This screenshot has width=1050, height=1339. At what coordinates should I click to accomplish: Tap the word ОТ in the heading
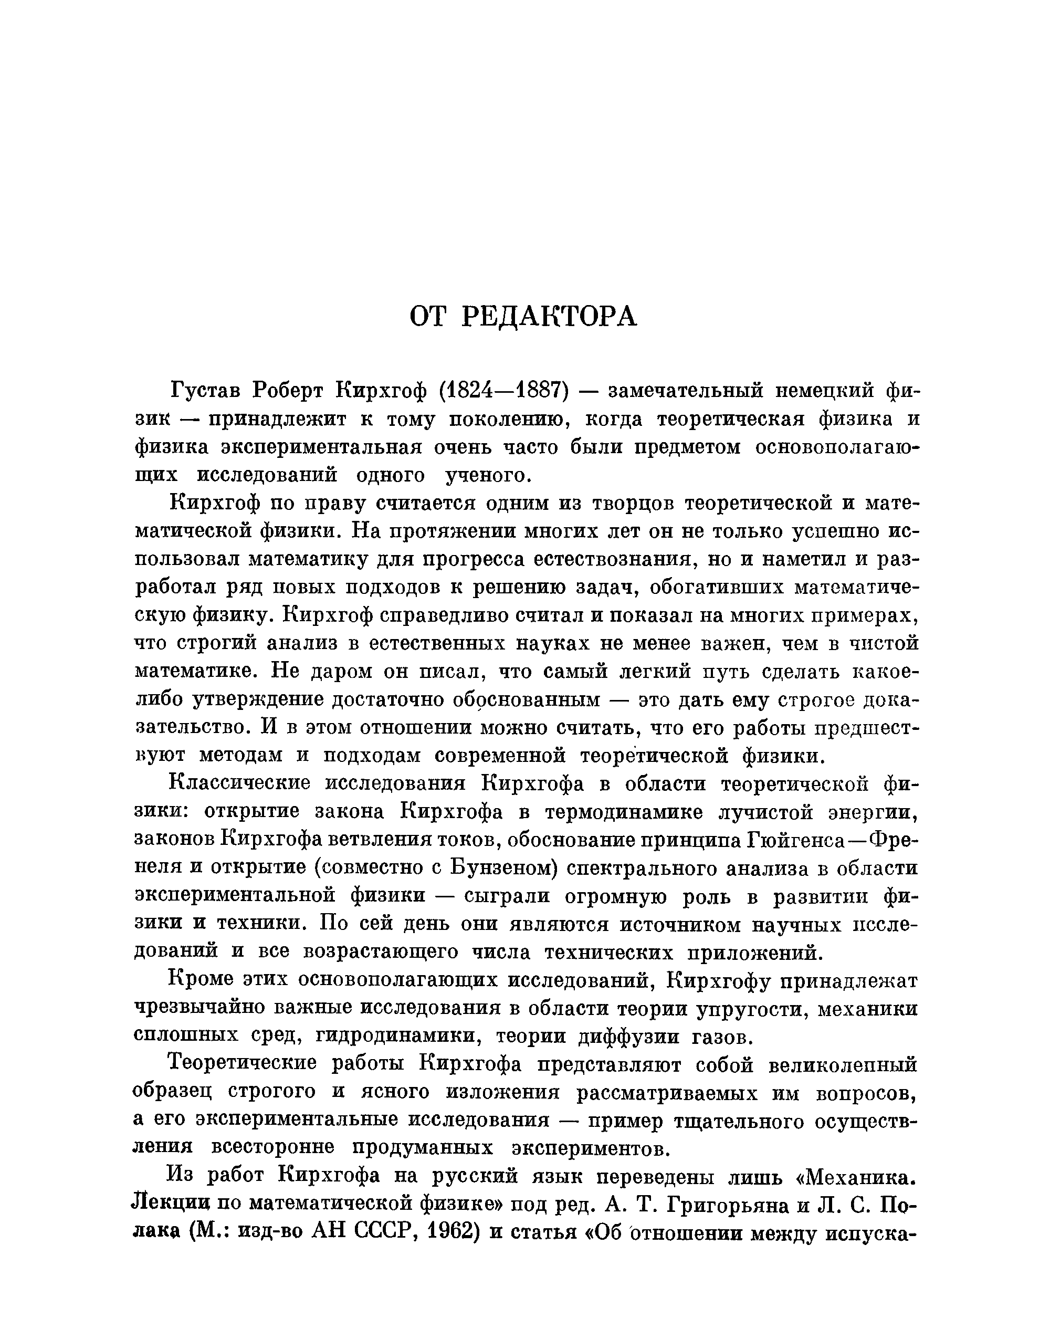click(x=427, y=317)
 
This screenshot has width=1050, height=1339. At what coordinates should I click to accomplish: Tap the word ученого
click(x=486, y=475)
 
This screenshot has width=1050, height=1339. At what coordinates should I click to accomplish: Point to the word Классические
click(x=238, y=784)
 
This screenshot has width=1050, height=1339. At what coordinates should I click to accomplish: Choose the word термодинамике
click(x=624, y=813)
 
